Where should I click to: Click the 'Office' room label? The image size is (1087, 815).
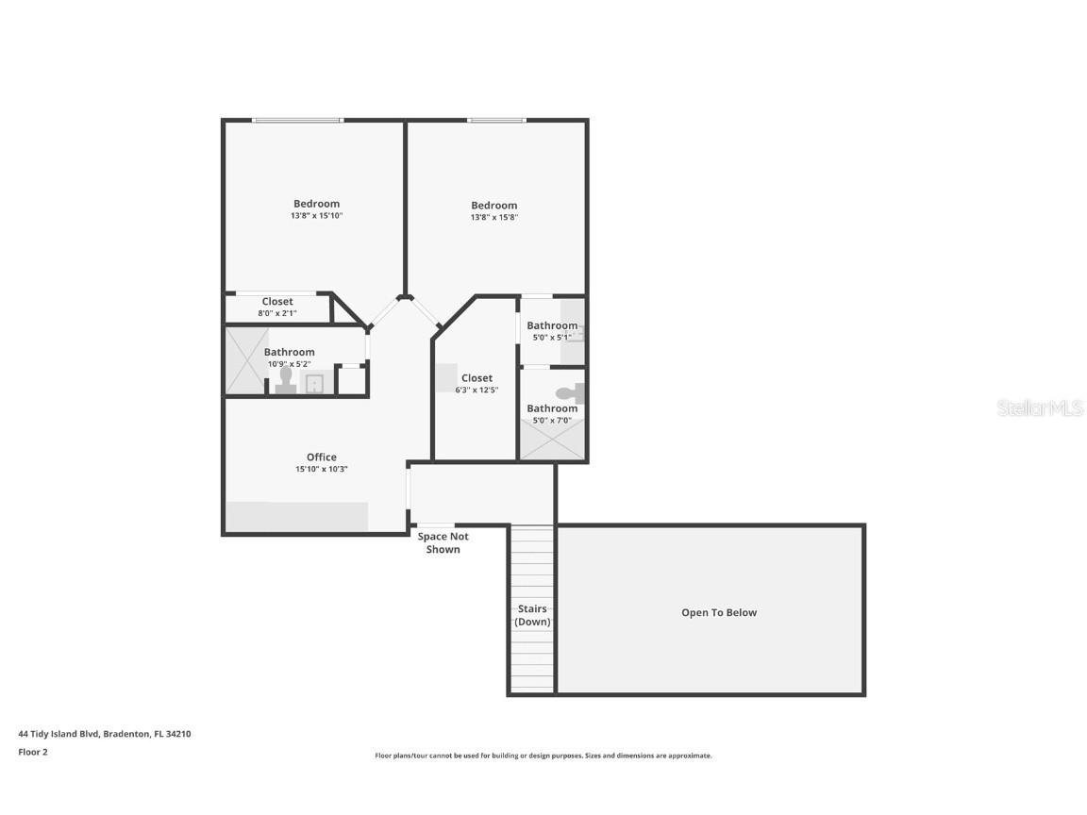321,457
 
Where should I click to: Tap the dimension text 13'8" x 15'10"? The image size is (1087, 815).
316,216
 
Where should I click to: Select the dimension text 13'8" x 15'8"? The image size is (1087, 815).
494,217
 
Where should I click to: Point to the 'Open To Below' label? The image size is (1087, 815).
719,613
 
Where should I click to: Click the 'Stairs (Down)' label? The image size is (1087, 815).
532,615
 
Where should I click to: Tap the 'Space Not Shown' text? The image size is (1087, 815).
443,542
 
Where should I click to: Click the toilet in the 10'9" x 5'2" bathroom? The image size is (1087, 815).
286,380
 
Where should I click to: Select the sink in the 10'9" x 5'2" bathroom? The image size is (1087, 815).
314,383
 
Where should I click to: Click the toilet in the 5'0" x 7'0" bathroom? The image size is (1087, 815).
569,393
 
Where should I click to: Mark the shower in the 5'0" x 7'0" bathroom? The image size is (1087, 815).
552,440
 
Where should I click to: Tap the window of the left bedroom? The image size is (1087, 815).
297,120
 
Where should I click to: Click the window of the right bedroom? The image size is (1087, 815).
496,120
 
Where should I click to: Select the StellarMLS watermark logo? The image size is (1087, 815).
1041,408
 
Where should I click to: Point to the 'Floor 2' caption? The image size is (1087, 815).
32,752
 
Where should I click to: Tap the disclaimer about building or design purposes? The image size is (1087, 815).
543,756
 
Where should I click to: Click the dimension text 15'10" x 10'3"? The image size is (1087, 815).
321,470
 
